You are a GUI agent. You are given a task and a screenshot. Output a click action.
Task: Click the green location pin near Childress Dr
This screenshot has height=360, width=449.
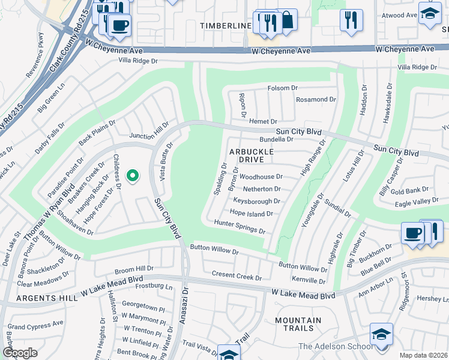(x=133, y=176)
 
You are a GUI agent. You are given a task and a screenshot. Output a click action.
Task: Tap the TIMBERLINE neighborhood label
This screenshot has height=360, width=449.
(x=226, y=26)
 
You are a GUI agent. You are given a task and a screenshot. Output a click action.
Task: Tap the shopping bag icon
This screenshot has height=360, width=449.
(x=287, y=20)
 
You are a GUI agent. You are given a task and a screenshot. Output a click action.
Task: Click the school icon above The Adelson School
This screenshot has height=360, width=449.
(x=381, y=334)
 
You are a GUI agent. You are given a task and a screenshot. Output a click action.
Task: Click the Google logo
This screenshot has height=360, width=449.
(x=20, y=352)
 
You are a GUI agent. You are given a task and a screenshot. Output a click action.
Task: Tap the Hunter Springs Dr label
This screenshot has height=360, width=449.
(x=240, y=226)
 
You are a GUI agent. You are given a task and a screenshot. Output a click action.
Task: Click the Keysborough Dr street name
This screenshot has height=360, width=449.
(x=257, y=201)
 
